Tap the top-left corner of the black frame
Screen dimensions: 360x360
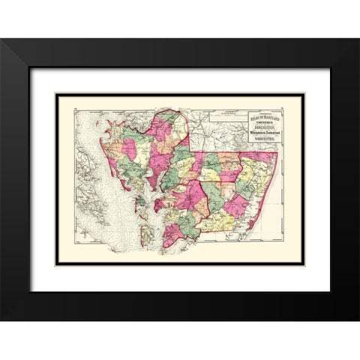2,40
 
